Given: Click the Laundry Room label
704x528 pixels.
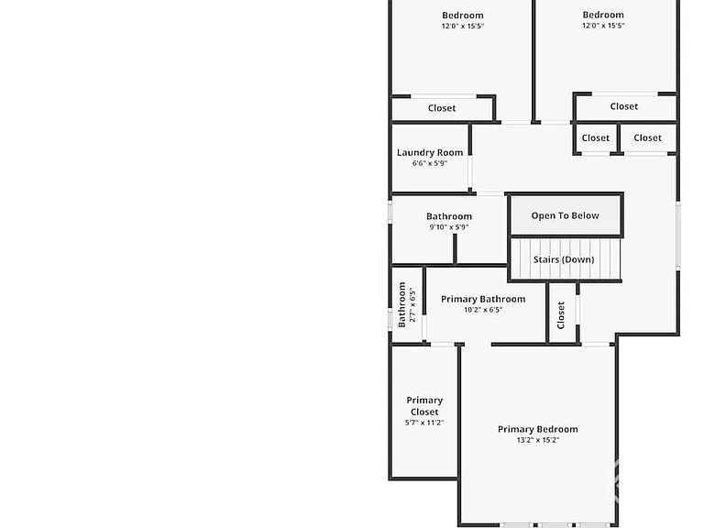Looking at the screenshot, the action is click(430, 153).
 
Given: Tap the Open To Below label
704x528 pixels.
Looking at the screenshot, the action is click(565, 215).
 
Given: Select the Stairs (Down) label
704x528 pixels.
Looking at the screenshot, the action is click(564, 259).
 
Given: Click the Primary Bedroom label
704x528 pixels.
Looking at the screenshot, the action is click(538, 429).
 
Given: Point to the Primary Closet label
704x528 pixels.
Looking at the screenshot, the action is click(424, 406).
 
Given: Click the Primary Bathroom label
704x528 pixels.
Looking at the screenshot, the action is click(483, 299).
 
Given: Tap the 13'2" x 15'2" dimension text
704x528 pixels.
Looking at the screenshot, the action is click(538, 440).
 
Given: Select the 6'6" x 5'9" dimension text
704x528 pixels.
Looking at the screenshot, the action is click(430, 163).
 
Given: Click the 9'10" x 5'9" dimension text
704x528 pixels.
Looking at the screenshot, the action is click(449, 227).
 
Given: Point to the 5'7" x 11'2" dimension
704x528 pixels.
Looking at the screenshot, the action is click(424, 423).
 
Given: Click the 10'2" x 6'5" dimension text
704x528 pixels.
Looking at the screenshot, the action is click(483, 310).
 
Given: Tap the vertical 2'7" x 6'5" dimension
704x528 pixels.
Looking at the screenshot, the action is click(412, 305).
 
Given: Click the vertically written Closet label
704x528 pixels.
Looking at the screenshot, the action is click(560, 315).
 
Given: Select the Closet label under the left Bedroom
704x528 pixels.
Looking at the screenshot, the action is click(442, 108).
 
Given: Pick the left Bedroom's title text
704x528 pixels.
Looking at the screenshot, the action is click(462, 16).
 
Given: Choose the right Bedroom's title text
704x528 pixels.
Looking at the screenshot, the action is click(603, 15).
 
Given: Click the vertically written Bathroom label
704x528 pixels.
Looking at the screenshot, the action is click(401, 305).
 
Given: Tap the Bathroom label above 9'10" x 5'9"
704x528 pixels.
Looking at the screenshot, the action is click(449, 216).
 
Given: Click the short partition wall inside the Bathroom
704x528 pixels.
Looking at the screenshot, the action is click(455, 248).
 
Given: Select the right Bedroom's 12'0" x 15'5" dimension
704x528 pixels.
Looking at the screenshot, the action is click(603, 26).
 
